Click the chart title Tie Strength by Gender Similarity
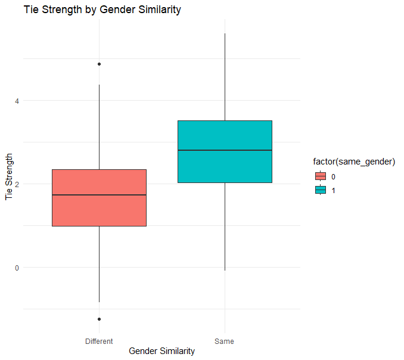pyautogui.click(x=102, y=10)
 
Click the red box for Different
pyautogui.click(x=99, y=212)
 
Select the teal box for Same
pyautogui.click(x=225, y=136)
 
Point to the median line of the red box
pyautogui.click(x=99, y=195)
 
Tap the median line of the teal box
pyautogui.click(x=225, y=150)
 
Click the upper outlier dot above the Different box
pyautogui.click(x=99, y=64)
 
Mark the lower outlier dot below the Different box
pyautogui.click(x=99, y=319)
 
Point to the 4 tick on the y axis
pyautogui.click(x=17, y=101)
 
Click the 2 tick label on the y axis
pyautogui.click(x=17, y=184)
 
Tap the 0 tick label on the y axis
pyautogui.click(x=17, y=268)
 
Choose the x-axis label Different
pyautogui.click(x=99, y=342)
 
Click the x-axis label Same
pyautogui.click(x=225, y=342)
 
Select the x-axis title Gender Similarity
pyautogui.click(x=161, y=352)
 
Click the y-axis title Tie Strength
pyautogui.click(x=9, y=178)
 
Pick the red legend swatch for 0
pyautogui.click(x=320, y=176)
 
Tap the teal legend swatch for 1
pyautogui.click(x=320, y=190)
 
